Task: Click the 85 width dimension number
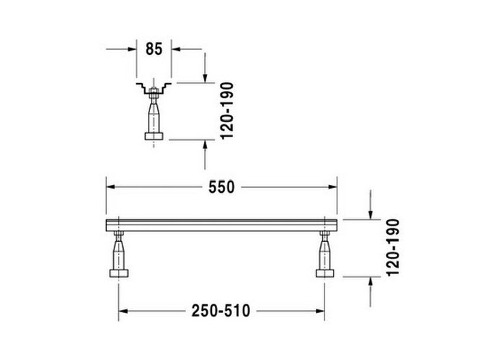click(154, 49)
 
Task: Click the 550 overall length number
click(221, 187)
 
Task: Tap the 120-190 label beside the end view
click(227, 111)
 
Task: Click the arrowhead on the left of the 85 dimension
click(132, 49)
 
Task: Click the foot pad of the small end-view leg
click(154, 136)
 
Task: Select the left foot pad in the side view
click(119, 273)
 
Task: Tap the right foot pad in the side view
click(325, 273)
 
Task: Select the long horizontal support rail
click(221, 225)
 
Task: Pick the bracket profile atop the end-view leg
click(154, 87)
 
